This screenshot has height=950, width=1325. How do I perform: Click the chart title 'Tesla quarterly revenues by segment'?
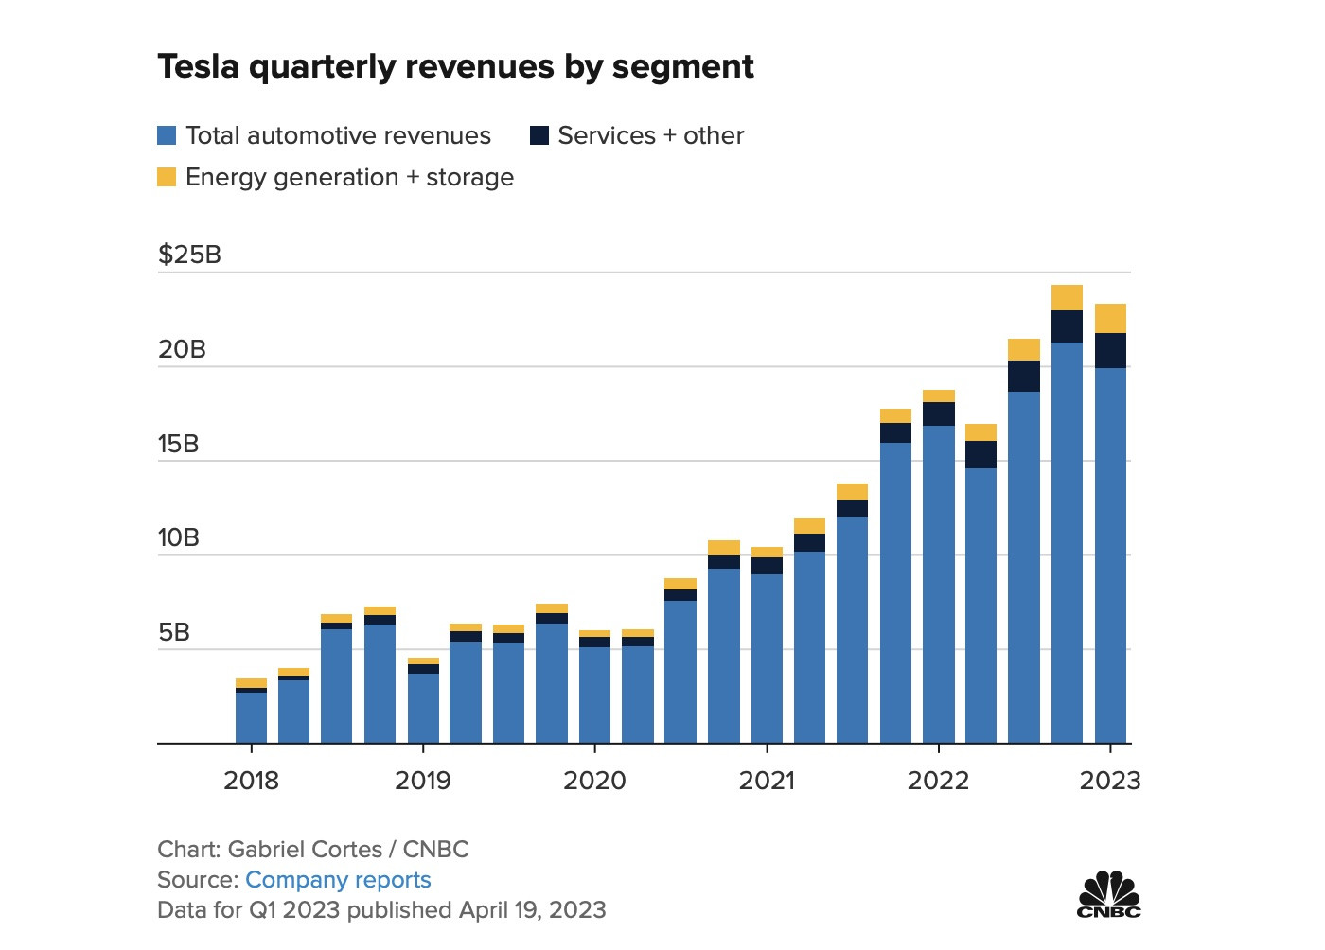(455, 67)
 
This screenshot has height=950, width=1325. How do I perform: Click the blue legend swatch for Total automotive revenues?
(167, 135)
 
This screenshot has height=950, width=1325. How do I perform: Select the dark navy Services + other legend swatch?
(539, 135)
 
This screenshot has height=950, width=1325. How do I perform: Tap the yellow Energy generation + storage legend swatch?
(167, 177)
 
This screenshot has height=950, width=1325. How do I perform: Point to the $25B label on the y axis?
(189, 255)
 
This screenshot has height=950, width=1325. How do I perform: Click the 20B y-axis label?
(182, 349)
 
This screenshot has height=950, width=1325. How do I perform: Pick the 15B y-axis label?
(178, 444)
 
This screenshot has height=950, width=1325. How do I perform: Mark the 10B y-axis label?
(178, 537)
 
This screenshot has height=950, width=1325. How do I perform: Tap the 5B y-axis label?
(174, 632)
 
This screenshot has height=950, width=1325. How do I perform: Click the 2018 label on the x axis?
(251, 781)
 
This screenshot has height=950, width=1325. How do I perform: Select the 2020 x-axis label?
(594, 781)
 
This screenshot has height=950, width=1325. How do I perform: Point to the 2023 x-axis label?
(1110, 781)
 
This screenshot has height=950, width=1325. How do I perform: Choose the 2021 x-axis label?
(767, 781)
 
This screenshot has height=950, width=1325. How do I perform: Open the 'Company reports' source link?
(338, 880)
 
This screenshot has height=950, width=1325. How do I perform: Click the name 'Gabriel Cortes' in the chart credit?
(305, 850)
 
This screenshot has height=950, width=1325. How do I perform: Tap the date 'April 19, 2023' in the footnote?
(532, 910)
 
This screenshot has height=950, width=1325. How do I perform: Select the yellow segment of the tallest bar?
(1067, 297)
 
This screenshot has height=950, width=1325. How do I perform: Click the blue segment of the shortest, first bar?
(251, 717)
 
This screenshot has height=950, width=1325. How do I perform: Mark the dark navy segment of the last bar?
(1110, 350)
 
